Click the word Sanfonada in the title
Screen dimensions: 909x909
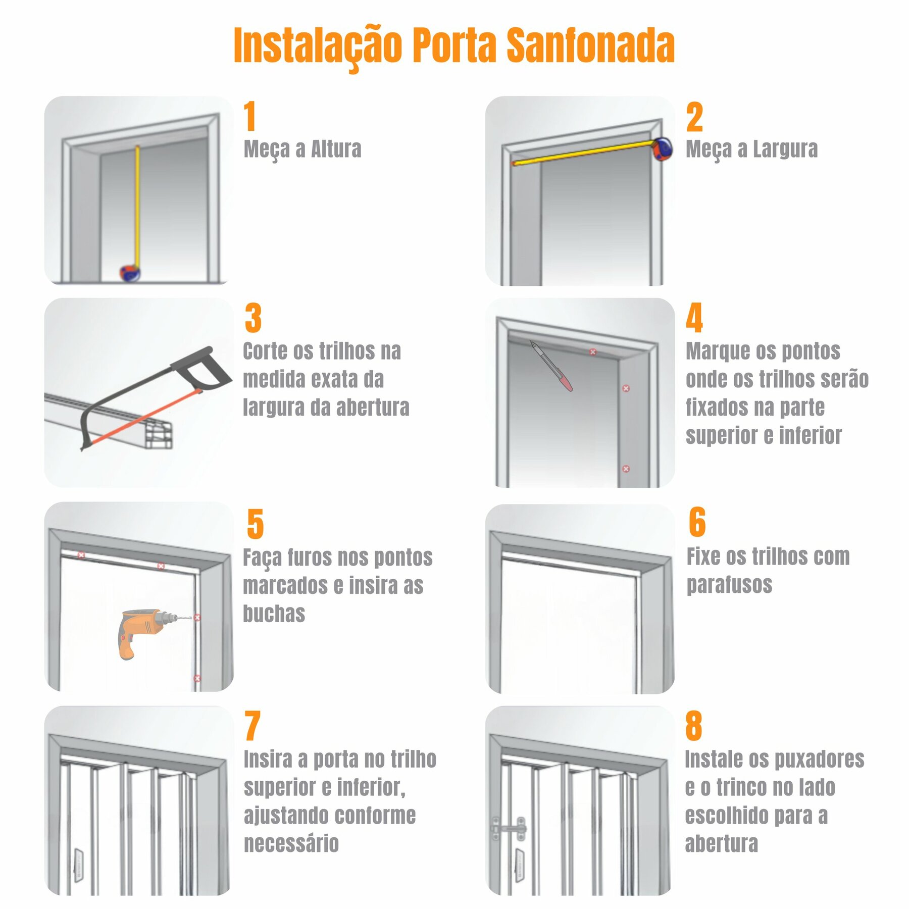coord(590,45)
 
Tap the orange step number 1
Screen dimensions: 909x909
coord(250,116)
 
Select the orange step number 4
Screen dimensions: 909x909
coord(694,318)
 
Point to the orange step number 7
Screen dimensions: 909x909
coord(252,726)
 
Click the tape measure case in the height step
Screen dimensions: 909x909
coord(130,273)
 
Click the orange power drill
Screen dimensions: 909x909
coord(146,632)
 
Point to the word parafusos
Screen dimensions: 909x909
coord(729,585)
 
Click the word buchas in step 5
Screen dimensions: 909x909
coord(274,613)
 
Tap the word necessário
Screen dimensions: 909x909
coord(291,843)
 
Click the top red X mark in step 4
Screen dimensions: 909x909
coord(593,352)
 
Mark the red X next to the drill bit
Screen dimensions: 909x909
coord(197,618)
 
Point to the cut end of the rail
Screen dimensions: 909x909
coord(160,435)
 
